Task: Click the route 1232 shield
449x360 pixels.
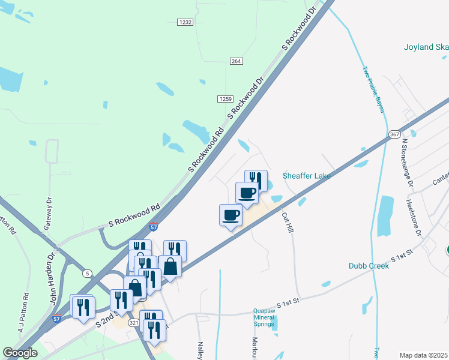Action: pyautogui.click(x=185, y=22)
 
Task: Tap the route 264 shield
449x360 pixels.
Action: pyautogui.click(x=236, y=61)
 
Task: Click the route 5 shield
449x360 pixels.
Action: pyautogui.click(x=88, y=274)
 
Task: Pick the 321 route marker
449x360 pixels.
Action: pyautogui.click(x=134, y=322)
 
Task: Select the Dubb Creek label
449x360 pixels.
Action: pyautogui.click(x=369, y=266)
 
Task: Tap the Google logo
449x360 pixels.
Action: pyautogui.click(x=20, y=353)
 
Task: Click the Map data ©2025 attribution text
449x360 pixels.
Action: pyautogui.click(x=423, y=355)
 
